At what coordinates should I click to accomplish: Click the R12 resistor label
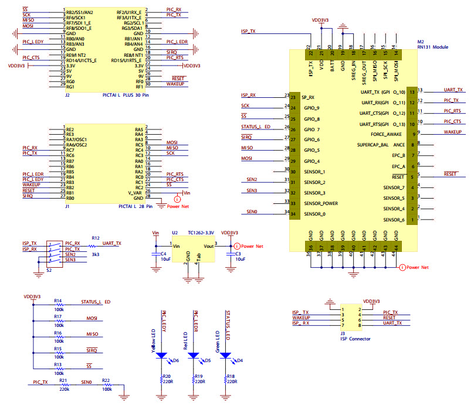pyautogui.click(x=95, y=238)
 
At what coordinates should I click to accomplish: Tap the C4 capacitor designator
pyautogui.click(x=162, y=253)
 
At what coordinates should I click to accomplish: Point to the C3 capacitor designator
pyautogui.click(x=238, y=253)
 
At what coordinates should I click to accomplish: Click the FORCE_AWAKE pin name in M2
pyautogui.click(x=388, y=134)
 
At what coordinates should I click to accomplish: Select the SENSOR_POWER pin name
pyautogui.click(x=321, y=203)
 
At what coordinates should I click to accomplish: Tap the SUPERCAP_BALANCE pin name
pyautogui.click(x=381, y=145)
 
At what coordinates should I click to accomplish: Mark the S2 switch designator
pyautogui.click(x=50, y=270)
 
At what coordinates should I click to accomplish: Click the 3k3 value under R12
pyautogui.click(x=96, y=255)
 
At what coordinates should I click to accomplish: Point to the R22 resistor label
pyautogui.click(x=106, y=383)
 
